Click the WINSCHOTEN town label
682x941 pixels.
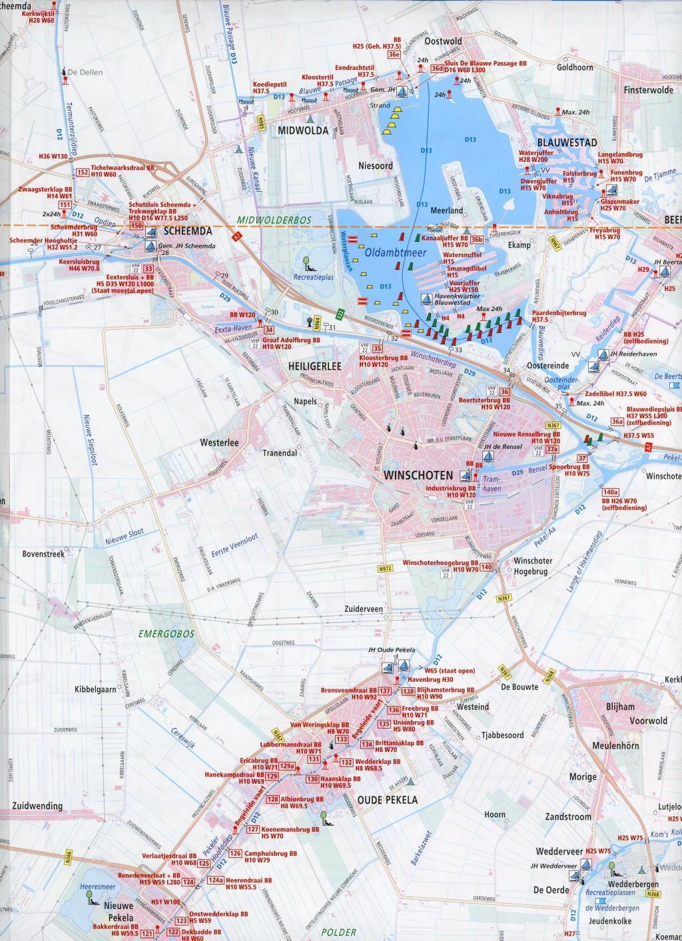coord(418,475)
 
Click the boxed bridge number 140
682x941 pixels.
coord(486,567)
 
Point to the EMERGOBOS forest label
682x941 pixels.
coord(167,634)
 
